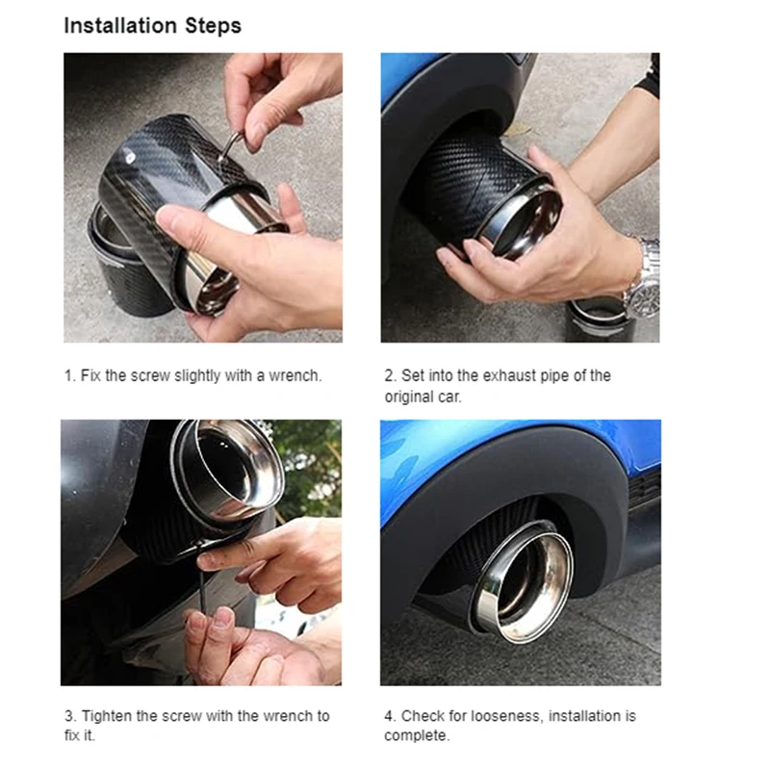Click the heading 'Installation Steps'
pos(153,26)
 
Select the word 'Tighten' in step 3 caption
pos(107,716)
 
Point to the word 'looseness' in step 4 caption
pos(507,716)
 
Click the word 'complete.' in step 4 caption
pos(417,735)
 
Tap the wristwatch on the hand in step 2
pos(643,279)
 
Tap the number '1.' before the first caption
pos(70,375)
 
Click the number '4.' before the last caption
pos(391,716)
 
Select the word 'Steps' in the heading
pos(213,26)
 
